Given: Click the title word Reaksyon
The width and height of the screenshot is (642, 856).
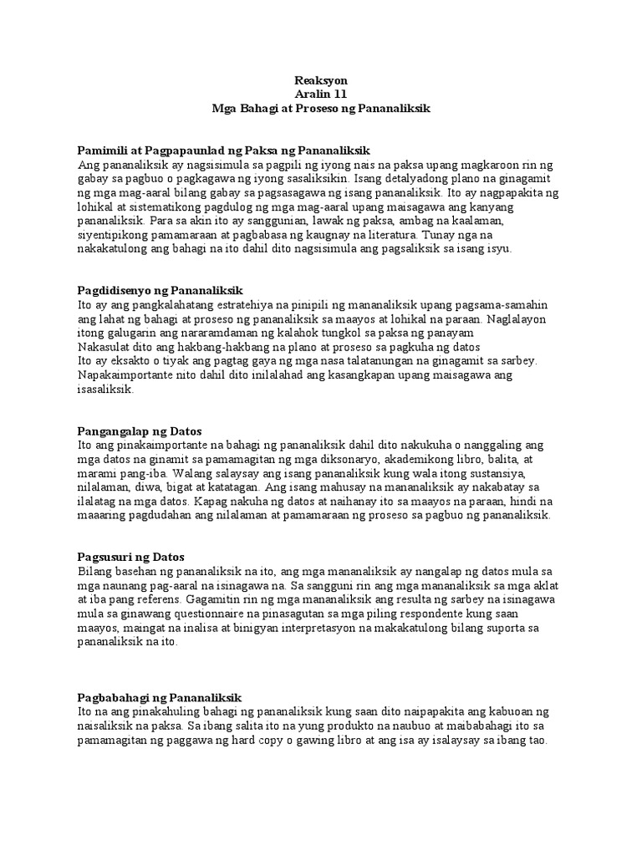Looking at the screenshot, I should [x=321, y=80].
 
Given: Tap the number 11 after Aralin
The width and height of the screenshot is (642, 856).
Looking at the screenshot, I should [x=338, y=94].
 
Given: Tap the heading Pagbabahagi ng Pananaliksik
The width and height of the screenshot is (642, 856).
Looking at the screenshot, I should [x=159, y=697].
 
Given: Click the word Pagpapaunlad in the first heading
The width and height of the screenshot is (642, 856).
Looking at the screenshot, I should [x=190, y=150].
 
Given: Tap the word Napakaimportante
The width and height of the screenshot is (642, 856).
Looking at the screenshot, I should [x=122, y=375].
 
